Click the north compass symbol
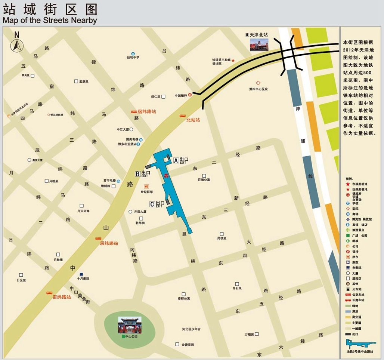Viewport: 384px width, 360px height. [x=17, y=44]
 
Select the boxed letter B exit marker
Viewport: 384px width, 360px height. [x=138, y=173]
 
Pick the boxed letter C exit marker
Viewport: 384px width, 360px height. [x=152, y=204]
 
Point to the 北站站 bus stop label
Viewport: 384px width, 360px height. [x=193, y=120]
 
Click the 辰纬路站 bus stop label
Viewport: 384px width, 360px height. [x=109, y=243]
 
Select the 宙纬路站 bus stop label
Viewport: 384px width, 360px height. [x=62, y=297]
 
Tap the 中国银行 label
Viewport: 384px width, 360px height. [x=181, y=96]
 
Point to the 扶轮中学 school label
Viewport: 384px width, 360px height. [x=133, y=58]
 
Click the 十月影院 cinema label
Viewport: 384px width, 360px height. [x=83, y=279]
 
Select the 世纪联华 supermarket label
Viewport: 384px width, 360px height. [x=147, y=192]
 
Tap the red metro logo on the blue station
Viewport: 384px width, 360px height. [x=167, y=175]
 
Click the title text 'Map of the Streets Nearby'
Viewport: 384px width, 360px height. [x=50, y=20]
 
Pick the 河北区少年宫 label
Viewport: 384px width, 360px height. [x=191, y=329]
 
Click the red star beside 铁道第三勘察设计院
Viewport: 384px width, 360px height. [x=233, y=60]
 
